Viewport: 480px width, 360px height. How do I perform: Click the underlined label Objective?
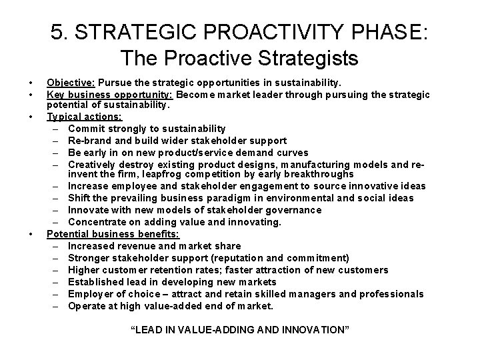71,83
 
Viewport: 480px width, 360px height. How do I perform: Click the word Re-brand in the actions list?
89,140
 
